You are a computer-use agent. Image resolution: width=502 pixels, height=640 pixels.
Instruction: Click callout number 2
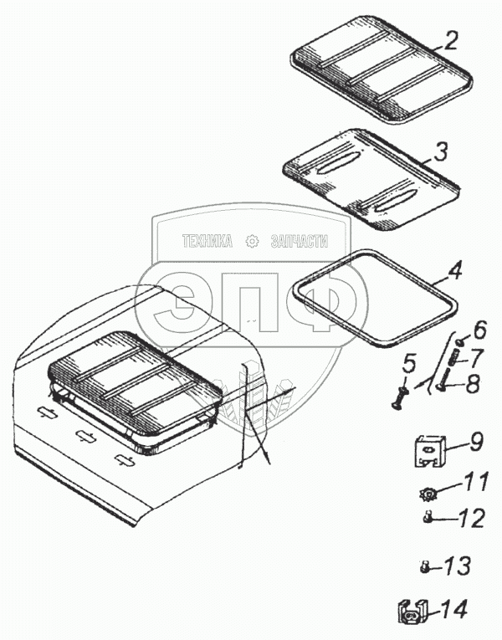click(452, 41)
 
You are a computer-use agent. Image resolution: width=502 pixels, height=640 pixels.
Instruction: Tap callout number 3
click(441, 151)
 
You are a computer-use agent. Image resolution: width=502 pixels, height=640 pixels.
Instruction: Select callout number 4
click(453, 272)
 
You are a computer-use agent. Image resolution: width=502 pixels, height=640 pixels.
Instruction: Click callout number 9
click(475, 438)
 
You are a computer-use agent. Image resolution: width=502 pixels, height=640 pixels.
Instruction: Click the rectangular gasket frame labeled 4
click(376, 298)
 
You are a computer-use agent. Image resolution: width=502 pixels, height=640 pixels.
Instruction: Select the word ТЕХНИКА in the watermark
click(208, 242)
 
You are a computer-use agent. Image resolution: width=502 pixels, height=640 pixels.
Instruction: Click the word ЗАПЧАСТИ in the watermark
click(299, 242)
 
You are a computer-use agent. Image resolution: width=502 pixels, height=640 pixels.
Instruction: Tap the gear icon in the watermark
click(252, 242)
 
